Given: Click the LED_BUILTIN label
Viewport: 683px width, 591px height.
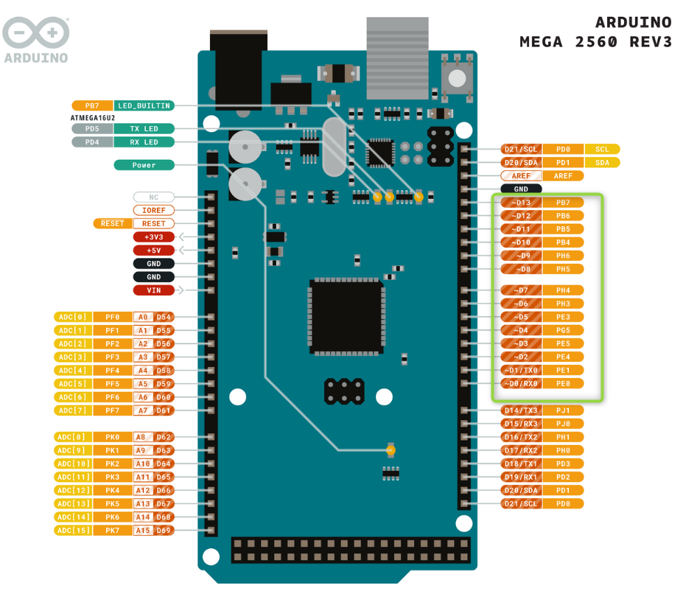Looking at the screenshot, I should click(x=144, y=105).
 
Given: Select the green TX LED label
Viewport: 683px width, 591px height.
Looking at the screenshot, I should click(x=144, y=129).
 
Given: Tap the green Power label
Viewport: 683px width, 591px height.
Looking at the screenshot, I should click(x=144, y=165).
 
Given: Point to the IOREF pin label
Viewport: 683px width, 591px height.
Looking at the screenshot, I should click(x=154, y=210).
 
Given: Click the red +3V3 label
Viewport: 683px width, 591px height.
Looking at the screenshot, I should click(x=154, y=237).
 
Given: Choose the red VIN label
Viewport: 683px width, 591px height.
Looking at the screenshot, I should click(x=154, y=290).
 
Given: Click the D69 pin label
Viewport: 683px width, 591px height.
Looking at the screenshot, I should click(x=164, y=531).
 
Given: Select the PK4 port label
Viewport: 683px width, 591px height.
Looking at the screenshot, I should click(x=112, y=490).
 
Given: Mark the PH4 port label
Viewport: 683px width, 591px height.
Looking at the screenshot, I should click(x=564, y=290).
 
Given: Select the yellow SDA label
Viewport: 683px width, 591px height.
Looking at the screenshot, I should click(x=603, y=163).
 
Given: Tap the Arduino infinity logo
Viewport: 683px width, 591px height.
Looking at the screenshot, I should click(x=35, y=33).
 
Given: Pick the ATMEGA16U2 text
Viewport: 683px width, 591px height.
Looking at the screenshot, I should click(x=94, y=117).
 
